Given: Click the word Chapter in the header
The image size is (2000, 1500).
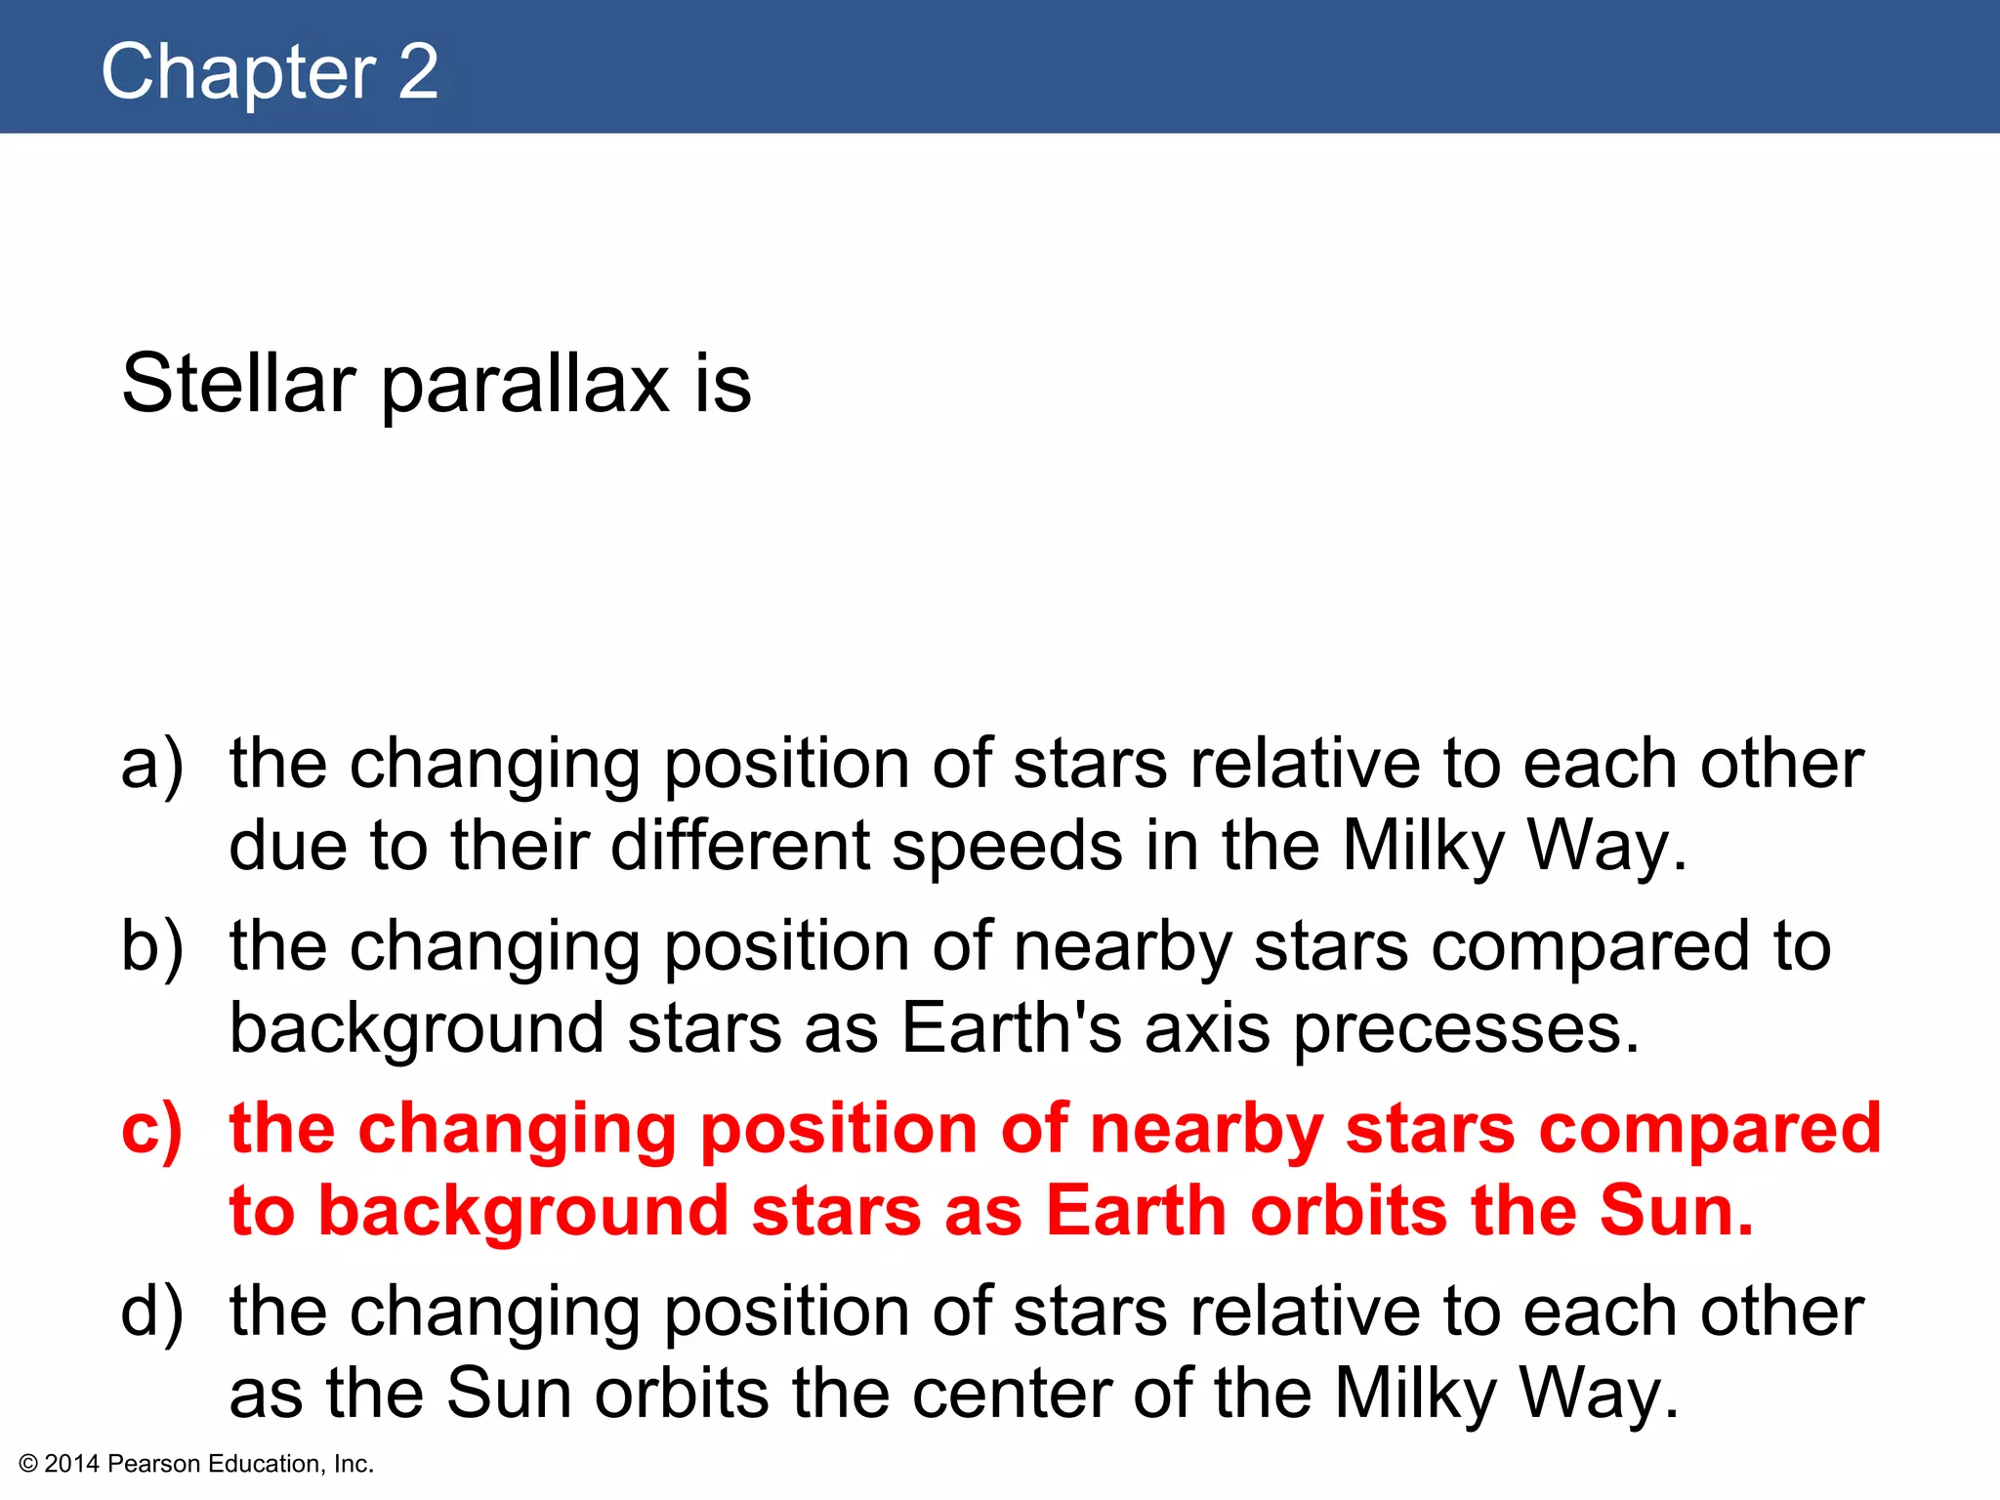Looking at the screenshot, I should point(238,72).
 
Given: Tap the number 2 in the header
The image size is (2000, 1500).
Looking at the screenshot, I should point(418,72).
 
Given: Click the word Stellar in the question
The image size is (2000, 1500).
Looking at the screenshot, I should point(238,383).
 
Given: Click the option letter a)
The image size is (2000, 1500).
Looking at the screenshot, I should point(152,764).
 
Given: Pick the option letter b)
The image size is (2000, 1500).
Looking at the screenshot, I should point(152,947).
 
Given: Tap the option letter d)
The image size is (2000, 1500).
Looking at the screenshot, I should point(152,1312).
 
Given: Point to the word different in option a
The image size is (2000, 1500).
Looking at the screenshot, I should point(739,846).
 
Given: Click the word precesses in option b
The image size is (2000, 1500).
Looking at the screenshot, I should point(1467,1031).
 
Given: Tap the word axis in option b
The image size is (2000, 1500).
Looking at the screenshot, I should point(1207,1029).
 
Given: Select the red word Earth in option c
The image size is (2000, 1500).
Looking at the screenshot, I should point(1136,1212).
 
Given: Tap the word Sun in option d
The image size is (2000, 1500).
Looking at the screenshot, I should point(509,1395).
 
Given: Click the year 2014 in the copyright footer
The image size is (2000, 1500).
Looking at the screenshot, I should point(72,1464).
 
